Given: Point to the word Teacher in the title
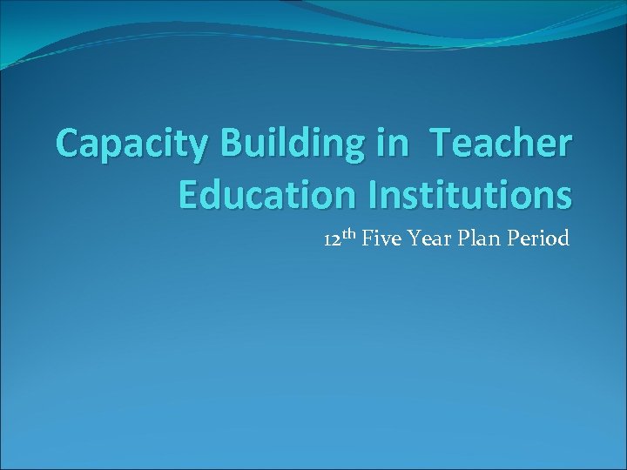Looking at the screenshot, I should tap(502, 143).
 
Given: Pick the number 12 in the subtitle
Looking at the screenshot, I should tap(332, 239).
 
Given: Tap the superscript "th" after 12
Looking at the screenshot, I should tap(349, 233).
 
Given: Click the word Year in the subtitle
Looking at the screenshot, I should tap(427, 238).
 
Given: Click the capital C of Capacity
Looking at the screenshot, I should tap(69, 143).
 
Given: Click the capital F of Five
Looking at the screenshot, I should tap(367, 238).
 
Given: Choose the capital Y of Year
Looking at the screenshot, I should tap(413, 238).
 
